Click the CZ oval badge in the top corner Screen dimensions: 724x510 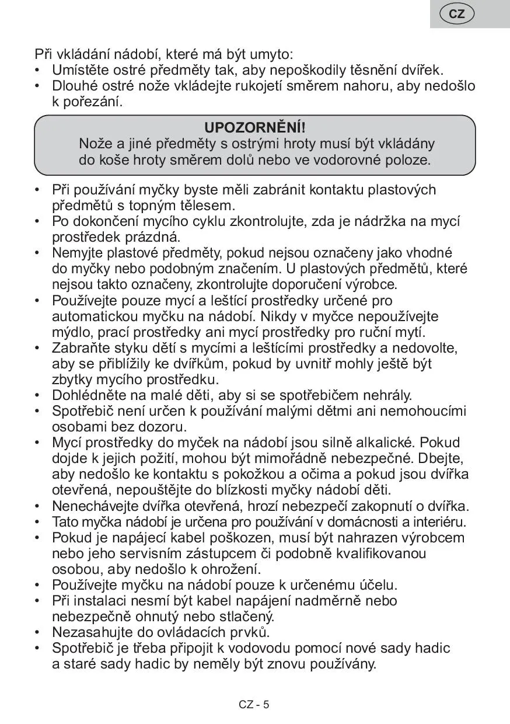click(x=457, y=14)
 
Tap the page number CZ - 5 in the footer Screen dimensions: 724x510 click(x=254, y=704)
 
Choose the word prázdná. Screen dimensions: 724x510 click(x=152, y=237)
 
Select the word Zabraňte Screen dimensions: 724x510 click(x=82, y=349)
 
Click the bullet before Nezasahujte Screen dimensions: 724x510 click(x=37, y=632)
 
